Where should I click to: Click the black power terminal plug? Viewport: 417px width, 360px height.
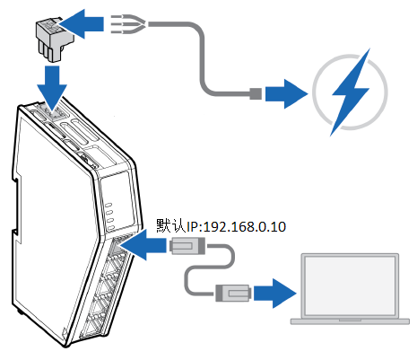[55, 40]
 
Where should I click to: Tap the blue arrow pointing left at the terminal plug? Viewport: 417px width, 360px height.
[83, 24]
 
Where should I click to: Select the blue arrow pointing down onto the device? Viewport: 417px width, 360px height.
[52, 86]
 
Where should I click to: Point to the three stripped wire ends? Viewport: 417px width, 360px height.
[128, 23]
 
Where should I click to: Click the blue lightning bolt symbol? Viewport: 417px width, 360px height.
[351, 92]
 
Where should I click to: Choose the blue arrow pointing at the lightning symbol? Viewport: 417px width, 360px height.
[286, 93]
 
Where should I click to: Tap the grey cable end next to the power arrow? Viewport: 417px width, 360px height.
[256, 93]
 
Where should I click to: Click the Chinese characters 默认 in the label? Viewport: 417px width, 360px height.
[171, 226]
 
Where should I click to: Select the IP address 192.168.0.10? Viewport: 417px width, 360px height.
[245, 226]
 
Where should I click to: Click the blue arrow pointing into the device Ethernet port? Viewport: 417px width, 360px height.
[143, 244]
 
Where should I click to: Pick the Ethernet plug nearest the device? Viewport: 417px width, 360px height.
[187, 246]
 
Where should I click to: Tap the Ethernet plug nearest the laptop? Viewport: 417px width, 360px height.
[232, 294]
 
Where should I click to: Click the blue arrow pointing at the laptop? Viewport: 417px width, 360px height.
[275, 294]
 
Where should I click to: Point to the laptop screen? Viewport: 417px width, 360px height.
[350, 285]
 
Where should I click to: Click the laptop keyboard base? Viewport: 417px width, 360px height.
[350, 321]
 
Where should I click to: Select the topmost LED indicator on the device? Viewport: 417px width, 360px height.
[109, 205]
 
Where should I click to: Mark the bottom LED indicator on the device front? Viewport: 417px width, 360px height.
[111, 228]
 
